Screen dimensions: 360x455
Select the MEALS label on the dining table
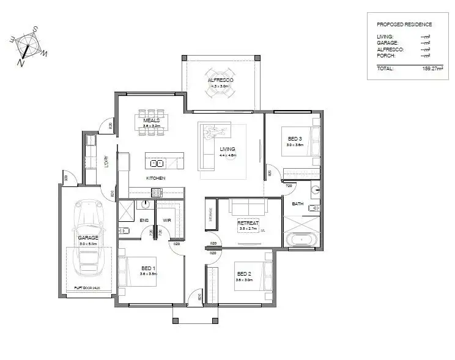151,120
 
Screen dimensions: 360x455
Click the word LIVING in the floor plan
227,149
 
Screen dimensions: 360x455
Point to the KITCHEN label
156,178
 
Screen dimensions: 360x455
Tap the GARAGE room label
88,238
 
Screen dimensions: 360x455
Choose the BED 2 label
243,273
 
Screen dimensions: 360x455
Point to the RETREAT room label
248,224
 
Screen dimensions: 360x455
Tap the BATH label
298,204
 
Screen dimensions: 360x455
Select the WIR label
166,219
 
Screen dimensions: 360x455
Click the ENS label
144,219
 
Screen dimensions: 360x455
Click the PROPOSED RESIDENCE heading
404,24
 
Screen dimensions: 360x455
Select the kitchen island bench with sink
163,163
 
